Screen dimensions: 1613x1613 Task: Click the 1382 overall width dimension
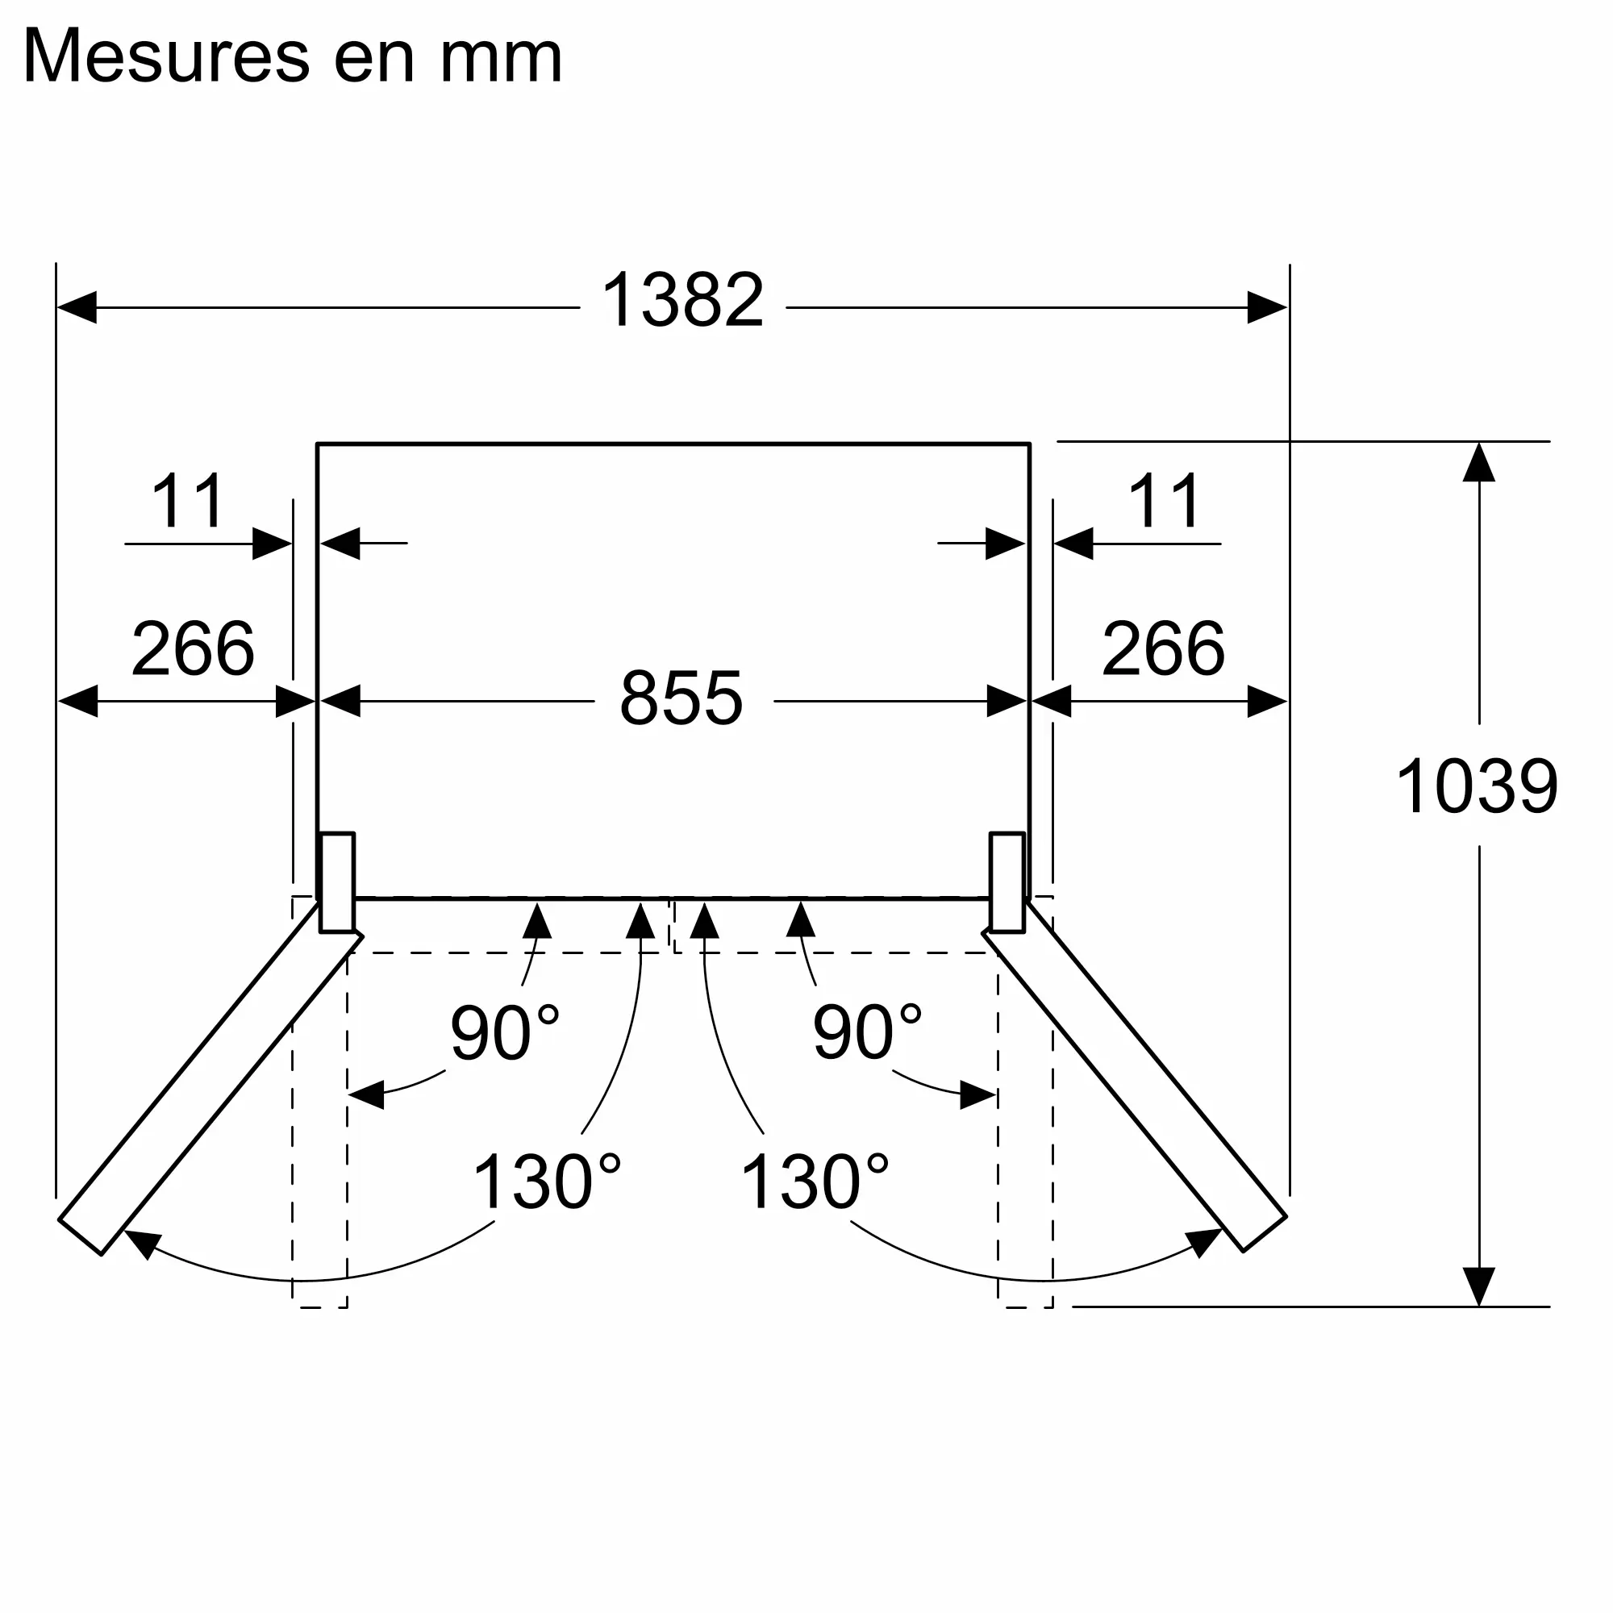682,301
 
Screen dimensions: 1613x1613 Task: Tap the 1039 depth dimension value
1476,786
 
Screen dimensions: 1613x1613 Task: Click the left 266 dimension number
193,648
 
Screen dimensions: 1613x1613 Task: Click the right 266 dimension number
1163,648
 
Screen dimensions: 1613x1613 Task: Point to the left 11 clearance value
188,502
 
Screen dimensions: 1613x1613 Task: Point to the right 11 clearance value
1165,502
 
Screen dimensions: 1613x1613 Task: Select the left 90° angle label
503,1033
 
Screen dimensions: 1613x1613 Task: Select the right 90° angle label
867,1033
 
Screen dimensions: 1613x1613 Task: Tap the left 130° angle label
547,1182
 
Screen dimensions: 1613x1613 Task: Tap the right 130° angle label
815,1182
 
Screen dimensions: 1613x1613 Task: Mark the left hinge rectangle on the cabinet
337,882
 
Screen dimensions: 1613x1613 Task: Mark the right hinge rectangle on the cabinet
1007,882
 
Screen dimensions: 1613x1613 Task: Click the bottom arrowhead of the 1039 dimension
1478,1286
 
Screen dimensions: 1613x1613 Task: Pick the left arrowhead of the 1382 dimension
77,307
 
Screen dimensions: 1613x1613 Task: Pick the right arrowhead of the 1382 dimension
1266,307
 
